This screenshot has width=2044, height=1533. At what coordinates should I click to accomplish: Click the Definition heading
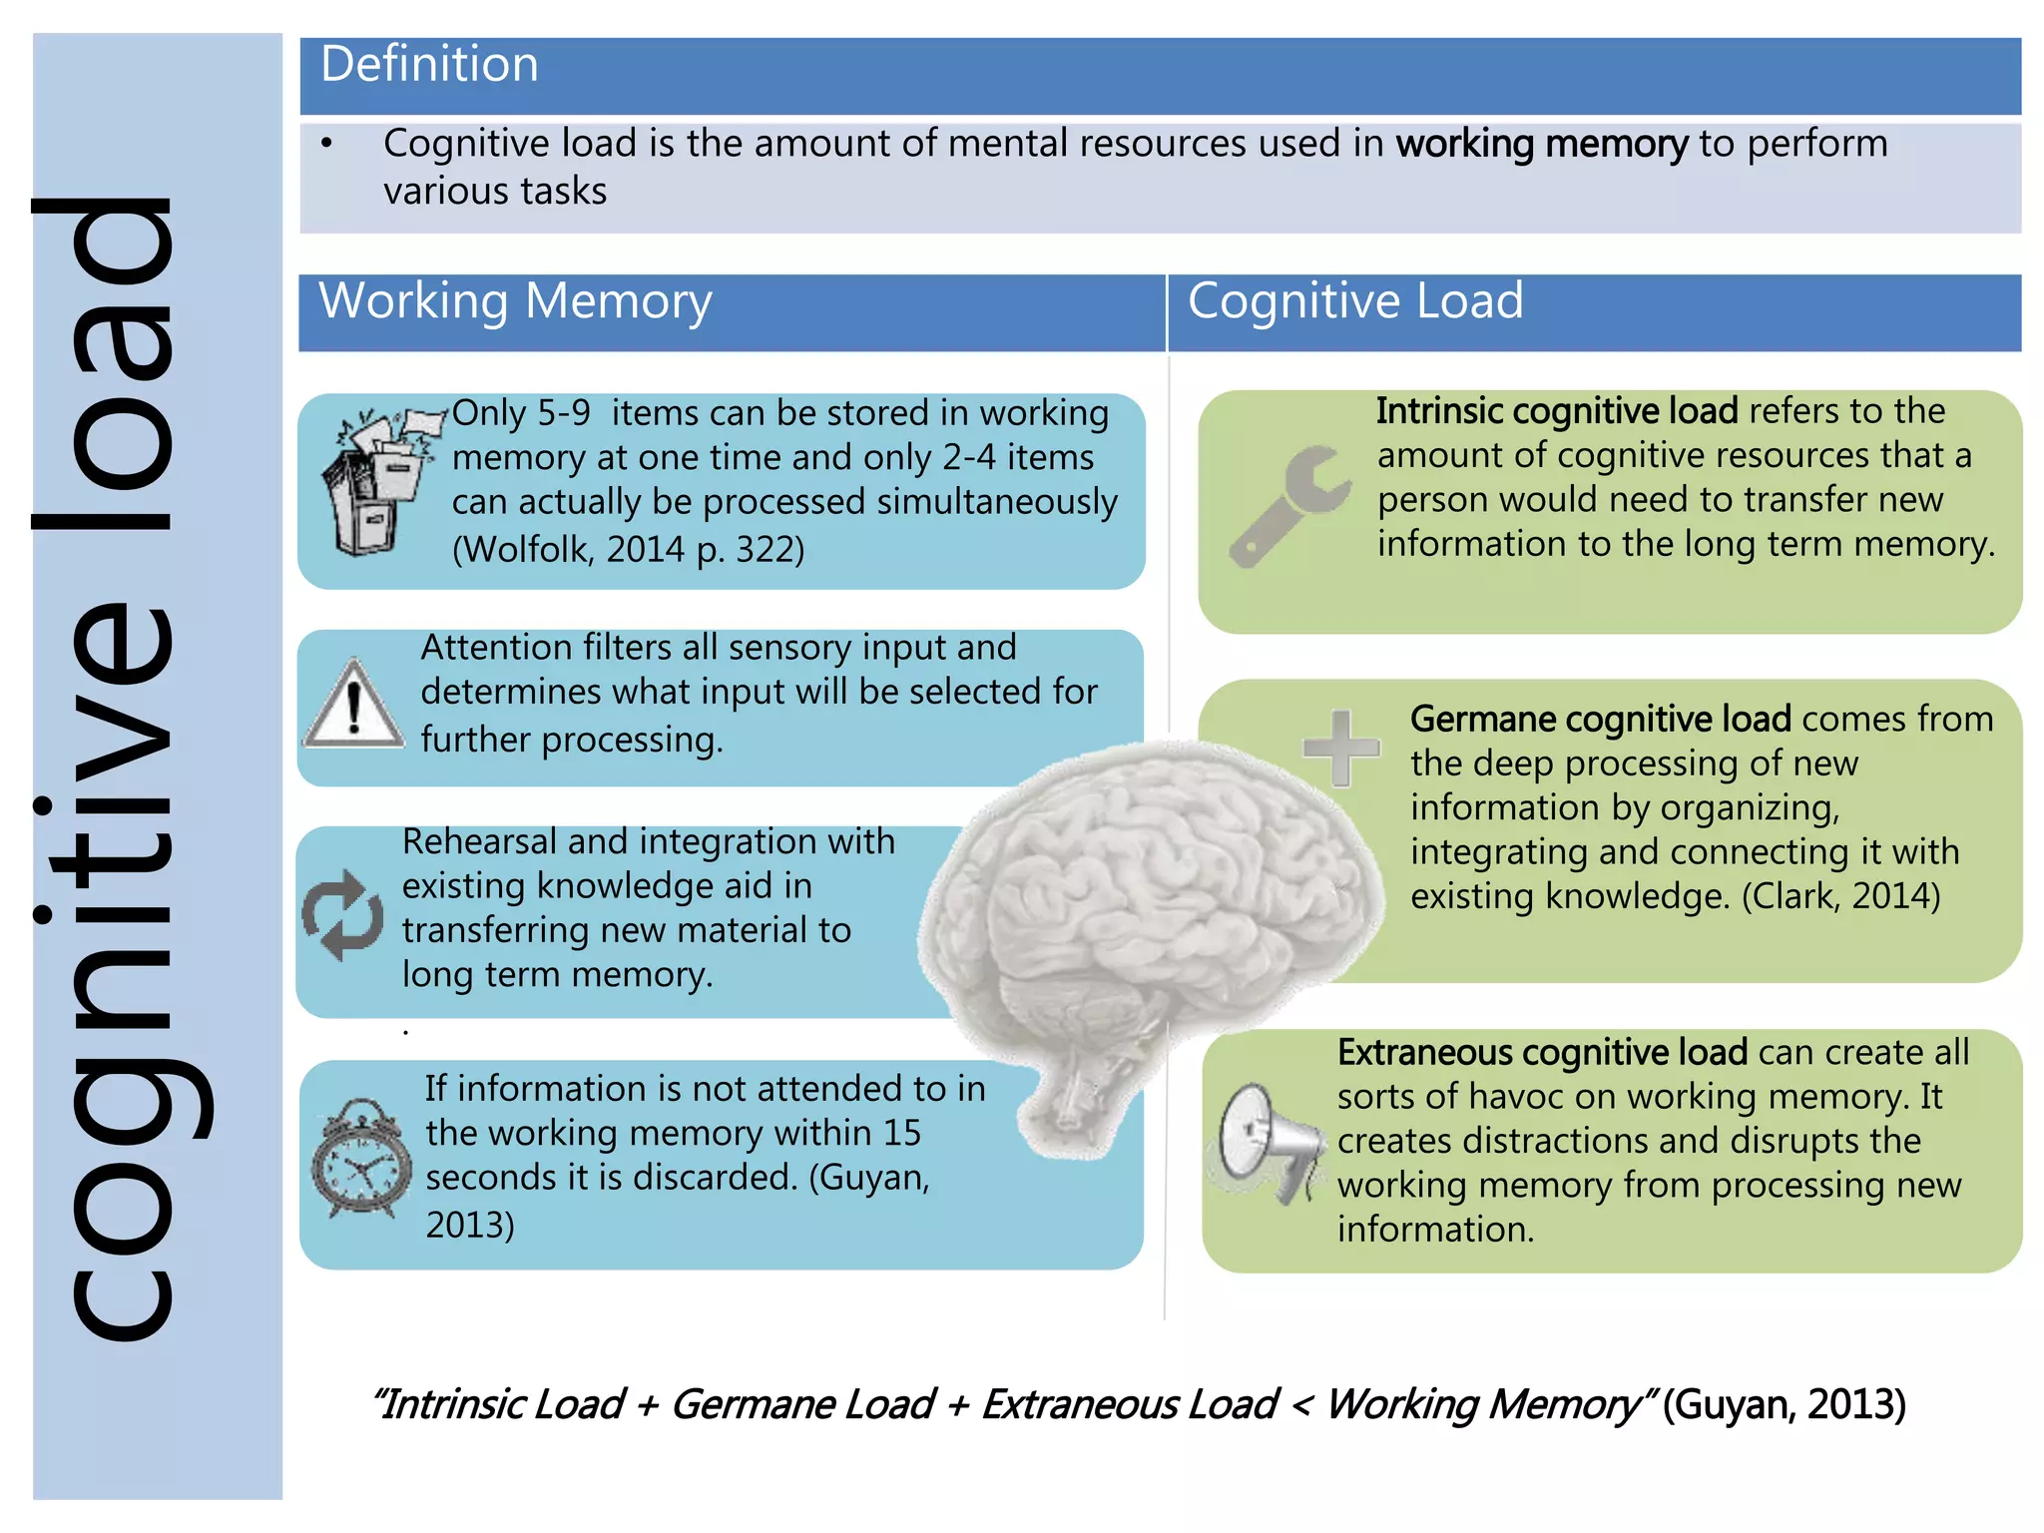tap(429, 65)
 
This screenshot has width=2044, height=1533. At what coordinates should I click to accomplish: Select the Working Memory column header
tap(515, 301)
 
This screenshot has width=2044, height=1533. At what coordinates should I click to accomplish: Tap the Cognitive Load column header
tap(1354, 301)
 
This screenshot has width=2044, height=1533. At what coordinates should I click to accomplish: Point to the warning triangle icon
tap(353, 705)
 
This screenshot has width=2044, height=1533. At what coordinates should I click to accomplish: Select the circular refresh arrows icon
tap(342, 915)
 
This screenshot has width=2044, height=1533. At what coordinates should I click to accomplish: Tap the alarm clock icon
tap(361, 1158)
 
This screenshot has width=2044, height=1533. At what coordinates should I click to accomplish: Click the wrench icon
tap(1288, 505)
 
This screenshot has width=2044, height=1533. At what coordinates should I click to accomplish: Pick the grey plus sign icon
tap(1341, 747)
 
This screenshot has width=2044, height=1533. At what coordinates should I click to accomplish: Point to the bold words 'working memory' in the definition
tap(1541, 144)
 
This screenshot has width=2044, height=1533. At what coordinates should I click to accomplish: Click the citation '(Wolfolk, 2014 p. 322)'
tap(628, 549)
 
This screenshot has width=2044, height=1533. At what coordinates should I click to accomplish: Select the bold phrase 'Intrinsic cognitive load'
tap(1556, 411)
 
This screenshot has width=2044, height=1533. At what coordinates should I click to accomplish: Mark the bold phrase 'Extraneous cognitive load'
tap(1542, 1052)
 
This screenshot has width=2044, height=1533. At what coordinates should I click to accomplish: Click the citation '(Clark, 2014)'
tap(1840, 895)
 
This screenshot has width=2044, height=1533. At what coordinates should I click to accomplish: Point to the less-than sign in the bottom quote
tap(1300, 1405)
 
